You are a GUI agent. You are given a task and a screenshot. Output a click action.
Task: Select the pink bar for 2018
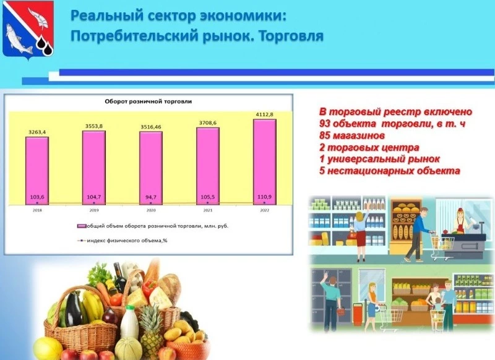point(37,170)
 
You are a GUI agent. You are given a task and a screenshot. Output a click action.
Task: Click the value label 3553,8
point(94,126)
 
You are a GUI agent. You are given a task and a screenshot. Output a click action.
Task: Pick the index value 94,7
point(150,197)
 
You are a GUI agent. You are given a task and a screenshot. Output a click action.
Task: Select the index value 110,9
point(264,197)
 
